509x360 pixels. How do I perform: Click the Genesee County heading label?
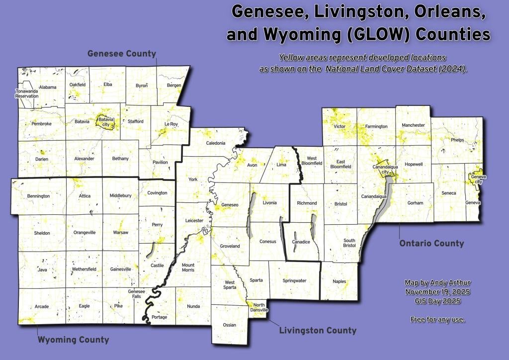point(122,54)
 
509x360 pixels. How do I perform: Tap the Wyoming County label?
point(73,340)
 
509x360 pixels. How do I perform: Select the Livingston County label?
point(318,330)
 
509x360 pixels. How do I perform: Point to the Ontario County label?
point(431,243)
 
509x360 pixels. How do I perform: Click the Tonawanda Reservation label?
point(26,93)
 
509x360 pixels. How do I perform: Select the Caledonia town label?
point(217,143)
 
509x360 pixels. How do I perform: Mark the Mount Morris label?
point(188,268)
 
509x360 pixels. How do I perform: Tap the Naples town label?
point(339,281)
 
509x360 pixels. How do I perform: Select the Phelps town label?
point(457,140)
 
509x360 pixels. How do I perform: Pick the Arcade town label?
point(41,306)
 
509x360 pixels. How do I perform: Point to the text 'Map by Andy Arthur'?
point(437,282)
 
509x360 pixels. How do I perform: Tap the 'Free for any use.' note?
point(437,319)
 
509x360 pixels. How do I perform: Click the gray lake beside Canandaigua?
point(383,199)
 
